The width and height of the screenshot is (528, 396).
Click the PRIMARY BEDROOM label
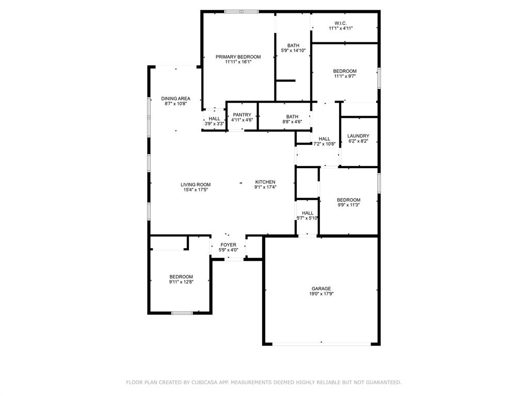point(238,57)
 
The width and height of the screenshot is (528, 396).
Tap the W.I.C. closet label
point(341,23)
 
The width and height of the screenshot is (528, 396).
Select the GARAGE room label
point(321,289)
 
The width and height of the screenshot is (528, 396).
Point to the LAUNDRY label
point(358,136)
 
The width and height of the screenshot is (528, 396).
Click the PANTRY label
point(242,115)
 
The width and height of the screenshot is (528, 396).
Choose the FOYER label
point(228,245)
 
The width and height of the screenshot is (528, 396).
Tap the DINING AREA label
point(176,98)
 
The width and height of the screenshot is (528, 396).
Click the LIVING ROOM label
point(196,185)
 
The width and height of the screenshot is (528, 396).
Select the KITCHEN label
point(265,182)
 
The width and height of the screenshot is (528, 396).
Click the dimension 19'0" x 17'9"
point(321,294)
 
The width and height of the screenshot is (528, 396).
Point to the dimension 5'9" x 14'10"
point(293,51)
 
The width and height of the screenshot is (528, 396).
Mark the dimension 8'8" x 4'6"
point(292,122)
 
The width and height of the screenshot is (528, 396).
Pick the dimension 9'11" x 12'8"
point(181,282)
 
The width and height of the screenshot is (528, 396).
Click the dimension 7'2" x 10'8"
point(325,144)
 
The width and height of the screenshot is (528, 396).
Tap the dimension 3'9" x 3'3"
point(215,124)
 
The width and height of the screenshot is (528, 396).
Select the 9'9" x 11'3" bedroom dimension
point(348,205)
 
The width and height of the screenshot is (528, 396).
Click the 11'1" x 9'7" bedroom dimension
point(345,76)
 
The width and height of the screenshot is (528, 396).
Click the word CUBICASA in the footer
point(204,382)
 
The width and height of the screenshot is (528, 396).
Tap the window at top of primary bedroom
point(242,12)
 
